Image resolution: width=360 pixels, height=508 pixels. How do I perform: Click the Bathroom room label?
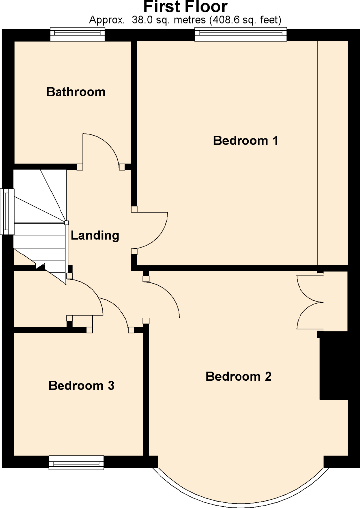click(x=76, y=92)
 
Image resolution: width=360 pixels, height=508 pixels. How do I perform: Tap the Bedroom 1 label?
click(x=245, y=140)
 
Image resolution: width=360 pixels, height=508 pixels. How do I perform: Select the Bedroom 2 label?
click(x=239, y=376)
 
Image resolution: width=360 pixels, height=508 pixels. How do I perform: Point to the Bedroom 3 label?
click(x=81, y=386)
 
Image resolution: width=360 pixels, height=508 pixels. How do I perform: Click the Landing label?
click(x=95, y=236)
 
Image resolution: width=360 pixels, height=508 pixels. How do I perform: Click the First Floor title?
click(x=185, y=7)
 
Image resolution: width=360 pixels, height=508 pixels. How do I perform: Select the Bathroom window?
click(x=77, y=34)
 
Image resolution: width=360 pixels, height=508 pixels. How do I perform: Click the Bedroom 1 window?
click(x=240, y=34)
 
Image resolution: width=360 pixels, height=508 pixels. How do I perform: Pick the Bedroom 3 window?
click(x=76, y=463)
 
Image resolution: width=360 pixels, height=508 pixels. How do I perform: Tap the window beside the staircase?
click(x=7, y=211)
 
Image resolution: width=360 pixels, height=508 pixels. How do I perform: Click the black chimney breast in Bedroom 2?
click(x=333, y=365)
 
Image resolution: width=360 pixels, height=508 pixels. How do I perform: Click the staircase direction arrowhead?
click(x=40, y=266)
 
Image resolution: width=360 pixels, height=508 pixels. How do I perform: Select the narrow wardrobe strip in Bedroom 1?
click(x=333, y=153)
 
